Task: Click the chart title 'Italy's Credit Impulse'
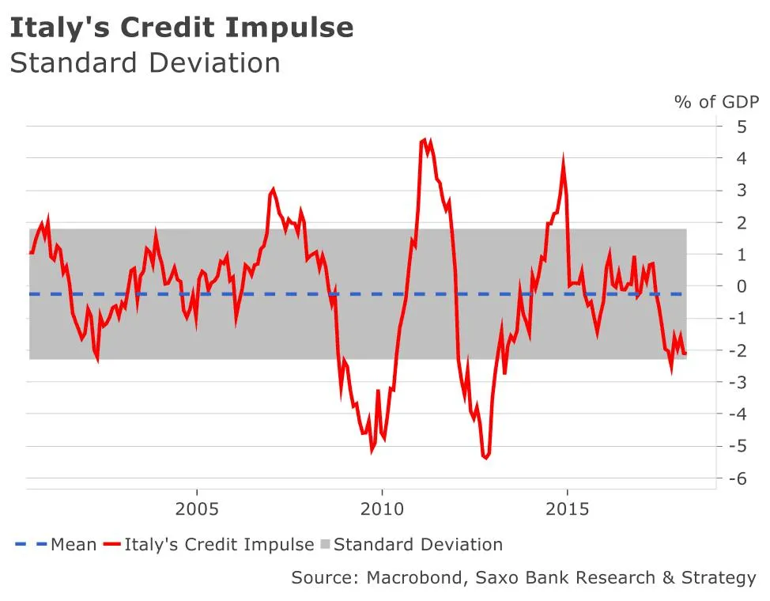(181, 28)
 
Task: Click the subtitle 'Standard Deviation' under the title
(145, 63)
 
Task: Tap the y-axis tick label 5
(742, 127)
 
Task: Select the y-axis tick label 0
(742, 286)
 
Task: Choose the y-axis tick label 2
(742, 222)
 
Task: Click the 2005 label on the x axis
(196, 508)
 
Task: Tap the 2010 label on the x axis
(382, 508)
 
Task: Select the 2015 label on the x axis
(568, 508)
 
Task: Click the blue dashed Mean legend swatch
(30, 545)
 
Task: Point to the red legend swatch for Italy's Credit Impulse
(112, 545)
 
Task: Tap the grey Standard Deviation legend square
(324, 545)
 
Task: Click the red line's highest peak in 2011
(425, 140)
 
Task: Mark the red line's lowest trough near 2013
(485, 457)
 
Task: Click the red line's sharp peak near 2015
(563, 161)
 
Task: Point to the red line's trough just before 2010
(372, 451)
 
